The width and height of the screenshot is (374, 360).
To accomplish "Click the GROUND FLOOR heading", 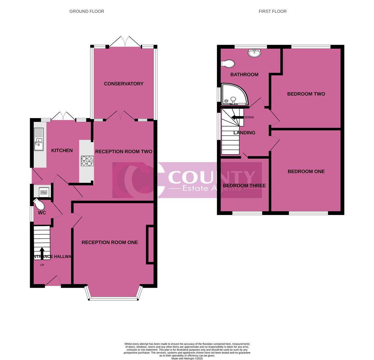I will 87,11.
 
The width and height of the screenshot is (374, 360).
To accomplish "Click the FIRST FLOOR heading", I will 272,11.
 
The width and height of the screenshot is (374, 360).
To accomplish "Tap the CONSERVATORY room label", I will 123,84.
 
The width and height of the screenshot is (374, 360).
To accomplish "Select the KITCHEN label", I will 62,151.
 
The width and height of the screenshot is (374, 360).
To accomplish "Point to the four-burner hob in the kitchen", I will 87,161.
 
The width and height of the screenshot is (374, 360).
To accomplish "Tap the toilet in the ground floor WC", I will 38,203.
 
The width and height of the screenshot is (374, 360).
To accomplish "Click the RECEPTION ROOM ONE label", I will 109,242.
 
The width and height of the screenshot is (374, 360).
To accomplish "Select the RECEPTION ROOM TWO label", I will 123,152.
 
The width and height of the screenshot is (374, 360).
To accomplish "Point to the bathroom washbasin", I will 255,53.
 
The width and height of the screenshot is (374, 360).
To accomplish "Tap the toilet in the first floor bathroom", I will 228,63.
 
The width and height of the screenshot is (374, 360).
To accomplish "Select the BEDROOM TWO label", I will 306,94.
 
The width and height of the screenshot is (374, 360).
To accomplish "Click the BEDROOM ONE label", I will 306,172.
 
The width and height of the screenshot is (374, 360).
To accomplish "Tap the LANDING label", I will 244,133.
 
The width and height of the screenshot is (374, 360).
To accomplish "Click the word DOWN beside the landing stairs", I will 249,117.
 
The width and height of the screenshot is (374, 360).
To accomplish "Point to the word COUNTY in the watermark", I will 212,177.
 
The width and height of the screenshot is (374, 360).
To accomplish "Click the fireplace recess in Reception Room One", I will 150,245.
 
